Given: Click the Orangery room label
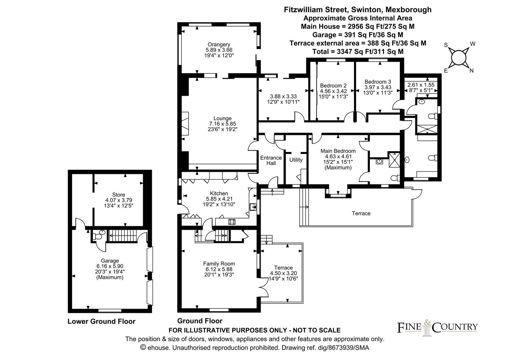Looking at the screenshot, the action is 219,44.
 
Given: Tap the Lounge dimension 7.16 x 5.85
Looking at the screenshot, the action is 222,124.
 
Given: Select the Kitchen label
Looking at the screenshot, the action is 219,193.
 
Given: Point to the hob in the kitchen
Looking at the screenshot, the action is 232,222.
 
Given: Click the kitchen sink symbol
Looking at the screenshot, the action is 253,207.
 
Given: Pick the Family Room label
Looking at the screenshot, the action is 219,263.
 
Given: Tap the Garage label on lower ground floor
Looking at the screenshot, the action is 110,261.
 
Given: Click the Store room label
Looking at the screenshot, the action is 118,195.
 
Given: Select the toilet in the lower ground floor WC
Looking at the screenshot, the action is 99,235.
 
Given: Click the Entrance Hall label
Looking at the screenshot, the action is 271,161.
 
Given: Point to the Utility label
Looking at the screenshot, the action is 296,160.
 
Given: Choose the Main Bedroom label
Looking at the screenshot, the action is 338,151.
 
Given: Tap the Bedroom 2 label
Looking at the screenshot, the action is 333,86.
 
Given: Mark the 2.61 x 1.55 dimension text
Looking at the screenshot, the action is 421,85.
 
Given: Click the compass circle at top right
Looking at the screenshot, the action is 458,57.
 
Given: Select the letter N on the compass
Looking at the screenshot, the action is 471,71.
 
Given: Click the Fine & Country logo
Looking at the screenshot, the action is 437,328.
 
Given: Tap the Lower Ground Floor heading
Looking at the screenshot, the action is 101,321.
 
